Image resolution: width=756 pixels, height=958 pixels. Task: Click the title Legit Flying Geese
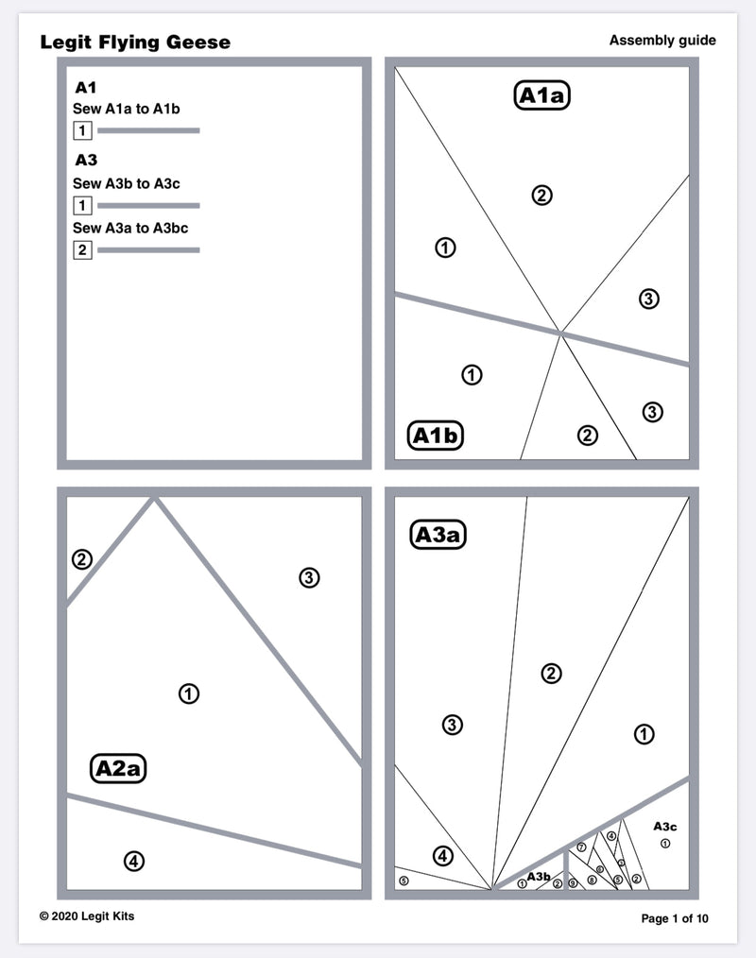135,43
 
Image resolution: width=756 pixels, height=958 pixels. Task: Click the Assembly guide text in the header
661,40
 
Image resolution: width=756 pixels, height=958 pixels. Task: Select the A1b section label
436,436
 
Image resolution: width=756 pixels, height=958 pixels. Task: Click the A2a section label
119,768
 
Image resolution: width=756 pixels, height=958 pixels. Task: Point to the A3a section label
439,535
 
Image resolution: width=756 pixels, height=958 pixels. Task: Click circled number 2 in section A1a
541,196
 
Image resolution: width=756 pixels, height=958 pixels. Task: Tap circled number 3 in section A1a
648,299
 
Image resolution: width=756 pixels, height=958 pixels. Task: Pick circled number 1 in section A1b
472,374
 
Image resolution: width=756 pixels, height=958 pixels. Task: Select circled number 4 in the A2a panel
134,861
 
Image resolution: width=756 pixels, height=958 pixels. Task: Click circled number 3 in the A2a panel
309,577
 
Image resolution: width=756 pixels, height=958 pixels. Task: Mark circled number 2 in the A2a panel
82,559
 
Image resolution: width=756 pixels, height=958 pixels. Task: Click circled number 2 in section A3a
551,673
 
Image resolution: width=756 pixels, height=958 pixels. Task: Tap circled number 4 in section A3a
443,856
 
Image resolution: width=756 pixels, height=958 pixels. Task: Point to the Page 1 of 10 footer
674,918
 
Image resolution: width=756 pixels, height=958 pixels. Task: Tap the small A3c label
665,826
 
